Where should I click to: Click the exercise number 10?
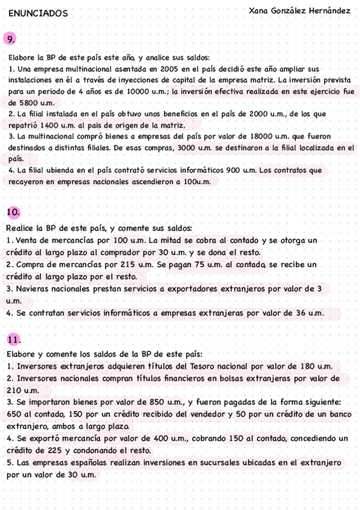point(13,212)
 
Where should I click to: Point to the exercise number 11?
point(13,339)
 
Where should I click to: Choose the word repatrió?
point(23,125)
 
